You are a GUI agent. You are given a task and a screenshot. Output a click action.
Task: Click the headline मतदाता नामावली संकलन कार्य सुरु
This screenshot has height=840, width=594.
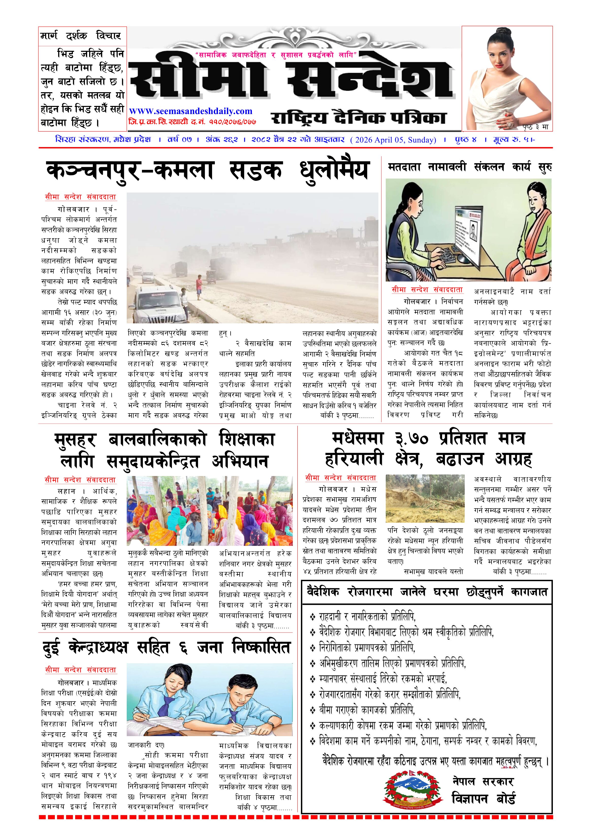point(470,168)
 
